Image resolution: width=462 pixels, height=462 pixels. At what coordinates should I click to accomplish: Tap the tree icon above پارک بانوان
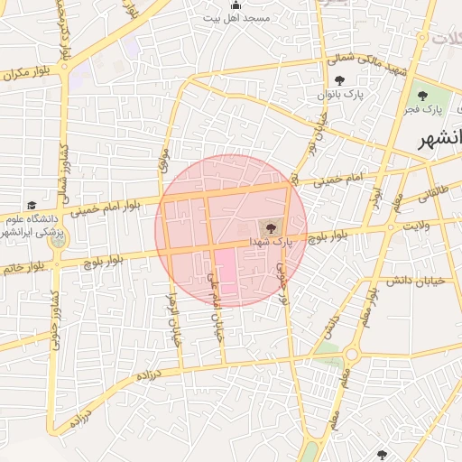point(338,81)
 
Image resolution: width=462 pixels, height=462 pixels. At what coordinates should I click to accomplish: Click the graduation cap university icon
point(32,206)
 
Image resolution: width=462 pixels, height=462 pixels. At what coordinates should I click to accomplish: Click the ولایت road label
point(420,226)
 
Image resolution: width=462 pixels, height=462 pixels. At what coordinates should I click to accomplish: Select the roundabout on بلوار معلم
point(350,355)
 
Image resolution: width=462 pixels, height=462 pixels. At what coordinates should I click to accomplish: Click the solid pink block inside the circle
point(225,272)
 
